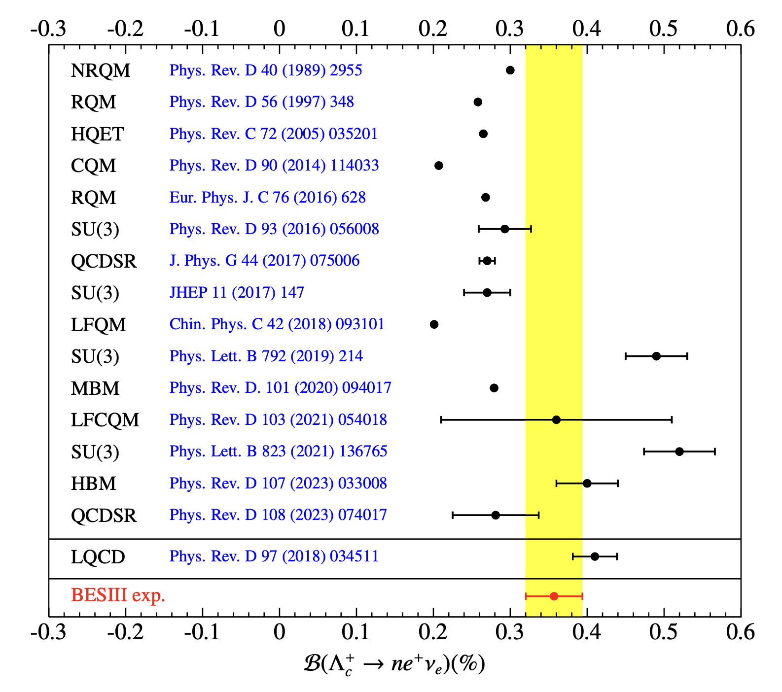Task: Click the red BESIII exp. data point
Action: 554,596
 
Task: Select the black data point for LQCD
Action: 595,556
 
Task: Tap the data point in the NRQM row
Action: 510,70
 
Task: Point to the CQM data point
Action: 438,166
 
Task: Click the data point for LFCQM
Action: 556,420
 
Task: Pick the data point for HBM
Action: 587,483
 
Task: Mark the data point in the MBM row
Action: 494,388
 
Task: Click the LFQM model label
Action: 98,325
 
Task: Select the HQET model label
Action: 97,134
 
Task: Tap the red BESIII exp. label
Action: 118,595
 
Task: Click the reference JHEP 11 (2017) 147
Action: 237,292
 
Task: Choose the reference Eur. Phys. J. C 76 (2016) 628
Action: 267,197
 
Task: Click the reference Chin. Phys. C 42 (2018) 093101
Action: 277,324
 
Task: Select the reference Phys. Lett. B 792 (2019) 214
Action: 266,356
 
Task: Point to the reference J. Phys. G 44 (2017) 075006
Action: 264,261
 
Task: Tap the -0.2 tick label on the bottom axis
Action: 125,631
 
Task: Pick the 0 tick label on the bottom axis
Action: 279,631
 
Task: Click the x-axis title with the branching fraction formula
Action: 394,664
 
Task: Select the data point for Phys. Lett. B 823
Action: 679,451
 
